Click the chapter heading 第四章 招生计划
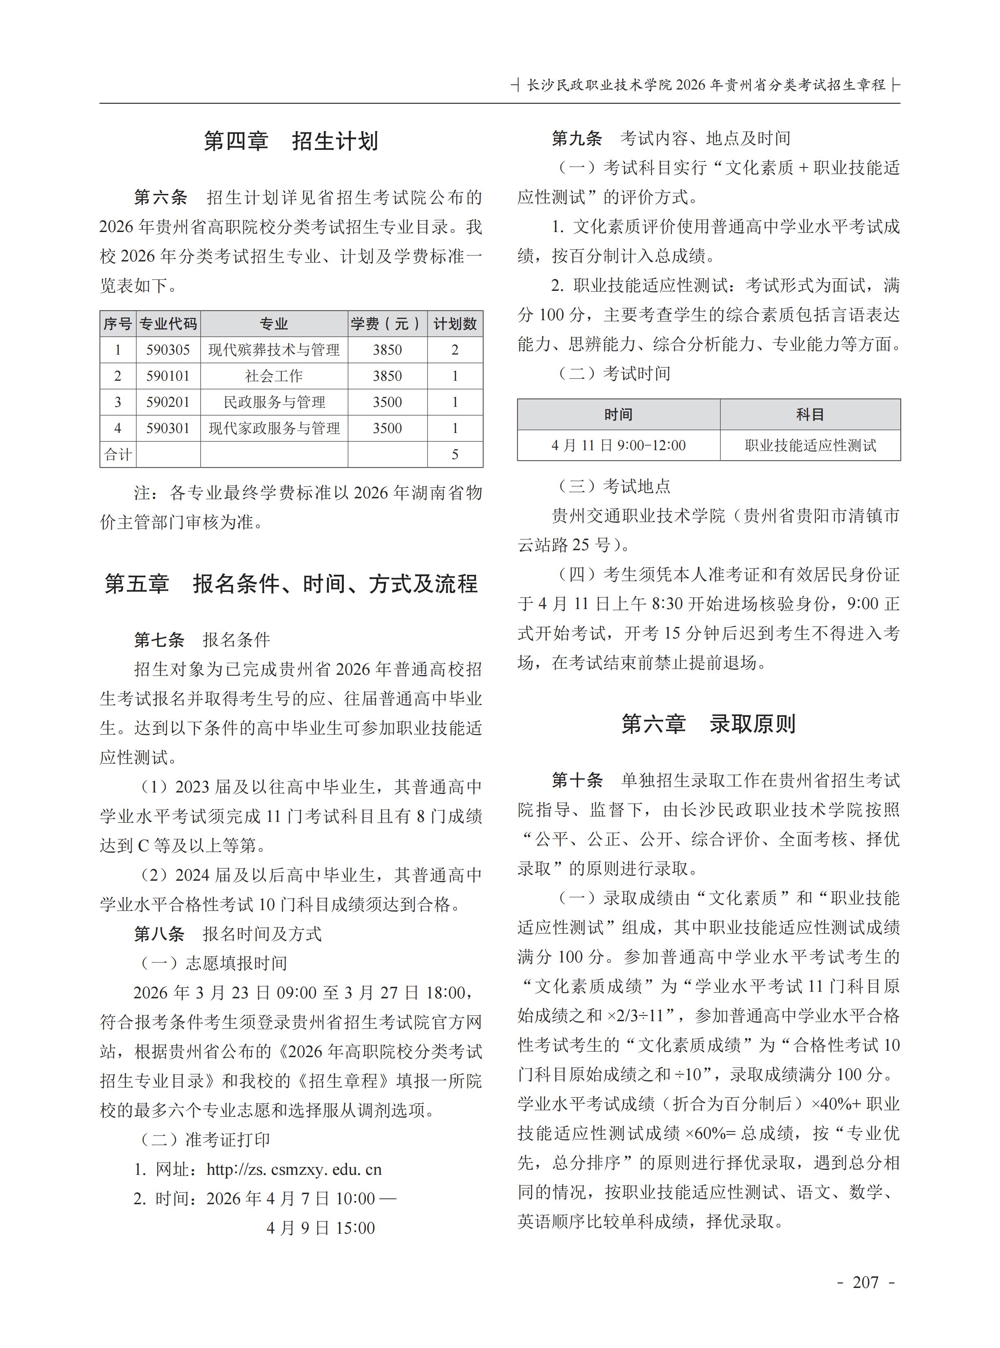[x=291, y=141]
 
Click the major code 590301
[x=168, y=428]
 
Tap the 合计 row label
[x=118, y=454]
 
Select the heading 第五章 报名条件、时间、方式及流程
[x=291, y=584]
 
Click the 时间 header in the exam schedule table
[x=618, y=415]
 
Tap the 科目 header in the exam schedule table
[x=810, y=415]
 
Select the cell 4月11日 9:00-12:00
[x=618, y=446]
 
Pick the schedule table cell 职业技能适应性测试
[x=810, y=446]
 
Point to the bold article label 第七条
[x=158, y=639]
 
